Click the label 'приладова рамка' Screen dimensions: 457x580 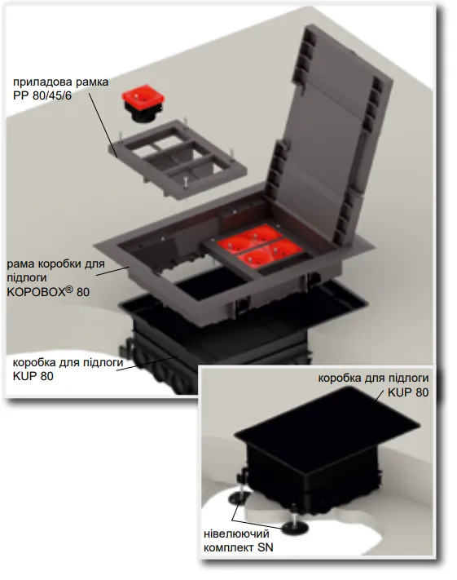click(x=61, y=82)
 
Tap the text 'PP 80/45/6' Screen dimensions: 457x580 click(x=42, y=95)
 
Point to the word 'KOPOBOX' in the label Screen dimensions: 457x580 click(x=36, y=292)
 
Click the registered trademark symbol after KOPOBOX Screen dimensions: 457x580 click(x=69, y=290)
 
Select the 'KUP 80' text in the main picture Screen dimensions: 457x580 click(x=33, y=376)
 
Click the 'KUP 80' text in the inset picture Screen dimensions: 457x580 click(x=408, y=392)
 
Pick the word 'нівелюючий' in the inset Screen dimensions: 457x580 click(x=237, y=534)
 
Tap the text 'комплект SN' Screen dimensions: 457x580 click(x=239, y=548)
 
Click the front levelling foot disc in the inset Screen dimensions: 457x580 click(x=295, y=529)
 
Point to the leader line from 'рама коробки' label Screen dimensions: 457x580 click(x=112, y=271)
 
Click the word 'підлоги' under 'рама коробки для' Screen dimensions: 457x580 click(x=27, y=278)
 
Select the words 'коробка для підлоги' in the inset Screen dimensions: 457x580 click(x=373, y=379)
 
